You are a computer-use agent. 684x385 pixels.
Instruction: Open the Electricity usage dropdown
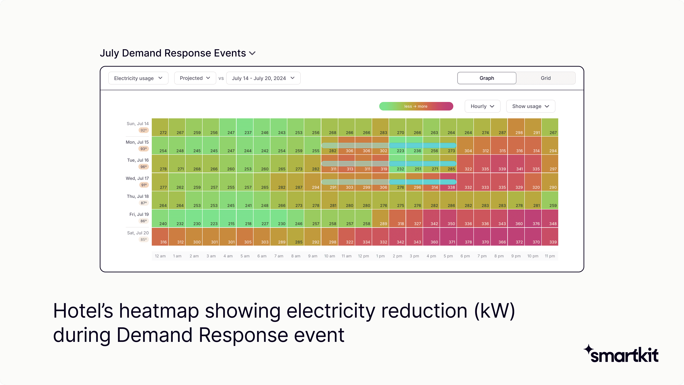[x=138, y=78]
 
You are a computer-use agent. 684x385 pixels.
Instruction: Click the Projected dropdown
[x=195, y=78]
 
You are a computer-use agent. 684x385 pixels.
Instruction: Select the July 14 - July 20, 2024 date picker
[x=263, y=78]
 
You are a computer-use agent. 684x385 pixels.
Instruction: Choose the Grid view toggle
[x=545, y=78]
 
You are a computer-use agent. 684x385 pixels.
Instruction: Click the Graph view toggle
[x=486, y=78]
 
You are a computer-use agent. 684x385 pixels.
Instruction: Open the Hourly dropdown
[x=482, y=106]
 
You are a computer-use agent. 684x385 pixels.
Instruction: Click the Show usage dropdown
[x=530, y=106]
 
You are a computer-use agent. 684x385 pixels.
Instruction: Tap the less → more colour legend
[x=416, y=106]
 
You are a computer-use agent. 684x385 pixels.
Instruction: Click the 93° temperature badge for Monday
[x=144, y=149]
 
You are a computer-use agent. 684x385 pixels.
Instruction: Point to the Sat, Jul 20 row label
[x=138, y=233]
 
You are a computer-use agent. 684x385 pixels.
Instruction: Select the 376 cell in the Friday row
[x=533, y=218]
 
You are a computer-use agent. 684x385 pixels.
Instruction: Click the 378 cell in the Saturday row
[x=465, y=237]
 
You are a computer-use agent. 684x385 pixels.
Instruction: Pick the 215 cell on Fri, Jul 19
[x=228, y=218]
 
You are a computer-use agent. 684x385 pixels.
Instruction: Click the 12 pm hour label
[x=363, y=256]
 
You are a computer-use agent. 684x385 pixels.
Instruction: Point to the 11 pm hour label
[x=550, y=256]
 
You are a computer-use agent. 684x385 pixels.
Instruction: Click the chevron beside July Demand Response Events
[x=252, y=53]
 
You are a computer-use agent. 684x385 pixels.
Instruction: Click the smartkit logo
[x=621, y=354]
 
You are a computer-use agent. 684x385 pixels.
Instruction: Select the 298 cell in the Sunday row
[x=516, y=127]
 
